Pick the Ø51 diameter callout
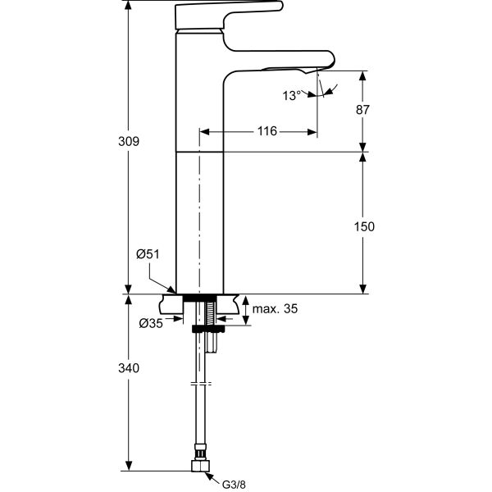147,254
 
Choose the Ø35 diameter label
150,324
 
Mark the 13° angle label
292,96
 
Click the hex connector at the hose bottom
198,466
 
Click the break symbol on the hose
199,384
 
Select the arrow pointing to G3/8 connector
212,476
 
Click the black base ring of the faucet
200,296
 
